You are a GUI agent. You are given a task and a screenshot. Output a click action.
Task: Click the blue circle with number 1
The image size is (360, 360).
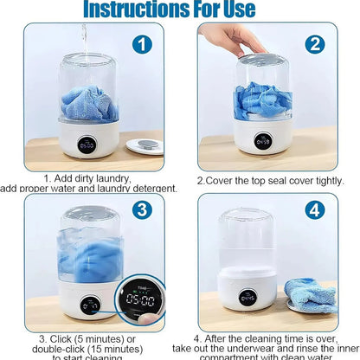pos(142,44)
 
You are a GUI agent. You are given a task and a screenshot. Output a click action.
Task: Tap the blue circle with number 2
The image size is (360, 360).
pos(314,44)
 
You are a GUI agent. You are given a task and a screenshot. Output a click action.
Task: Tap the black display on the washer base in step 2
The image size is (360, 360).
pos(262,140)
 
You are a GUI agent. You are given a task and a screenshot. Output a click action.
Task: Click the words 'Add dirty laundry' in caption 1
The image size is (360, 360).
pos(96,177)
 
